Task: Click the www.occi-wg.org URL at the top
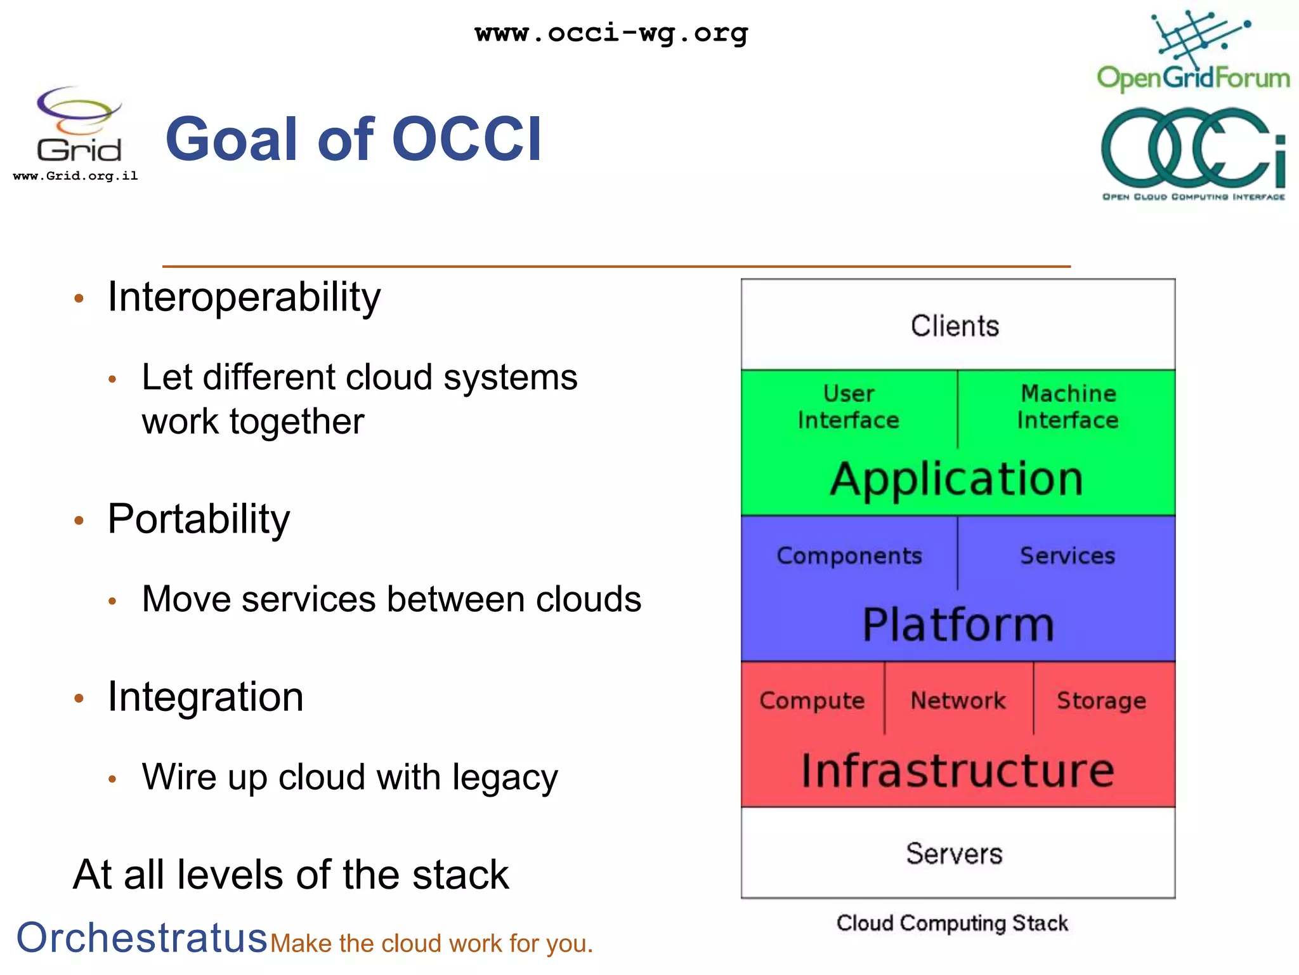tap(611, 33)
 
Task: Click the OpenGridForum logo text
tap(1193, 78)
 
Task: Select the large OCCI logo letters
tap(1192, 147)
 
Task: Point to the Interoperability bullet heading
tap(244, 296)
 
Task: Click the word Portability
tap(199, 519)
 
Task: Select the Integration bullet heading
tap(206, 697)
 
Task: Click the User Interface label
tap(849, 407)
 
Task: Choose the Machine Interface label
tap(1068, 407)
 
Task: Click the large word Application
tap(956, 479)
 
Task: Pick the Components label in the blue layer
tap(849, 555)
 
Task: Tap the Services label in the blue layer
tap(1067, 555)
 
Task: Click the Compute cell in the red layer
tap(812, 700)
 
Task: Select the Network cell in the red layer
tap(958, 700)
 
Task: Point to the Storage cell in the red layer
tap(1102, 700)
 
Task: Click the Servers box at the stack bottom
tap(955, 854)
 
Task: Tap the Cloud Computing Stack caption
tap(953, 923)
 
